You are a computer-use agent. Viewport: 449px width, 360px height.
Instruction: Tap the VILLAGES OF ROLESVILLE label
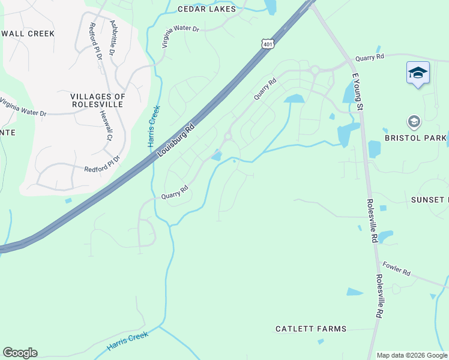(98, 101)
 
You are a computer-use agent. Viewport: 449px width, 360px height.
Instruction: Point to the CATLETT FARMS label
(311, 329)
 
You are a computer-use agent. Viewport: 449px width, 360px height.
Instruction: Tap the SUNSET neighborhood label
(430, 199)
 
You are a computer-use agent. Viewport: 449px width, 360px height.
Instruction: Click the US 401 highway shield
(268, 44)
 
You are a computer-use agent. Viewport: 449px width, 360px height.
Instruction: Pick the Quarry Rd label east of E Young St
(369, 58)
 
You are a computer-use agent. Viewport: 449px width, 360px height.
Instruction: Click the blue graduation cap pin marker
(418, 74)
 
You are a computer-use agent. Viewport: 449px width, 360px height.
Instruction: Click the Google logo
(20, 353)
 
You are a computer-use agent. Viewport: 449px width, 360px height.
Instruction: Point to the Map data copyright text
(412, 355)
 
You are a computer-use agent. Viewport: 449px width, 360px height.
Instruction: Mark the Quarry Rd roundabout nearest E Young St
(315, 71)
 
